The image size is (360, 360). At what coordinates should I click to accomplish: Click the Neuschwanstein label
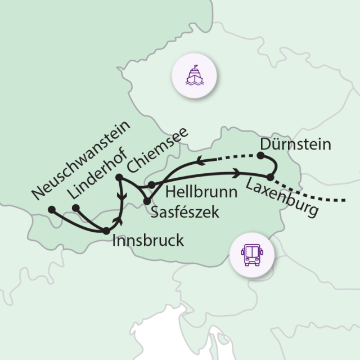tap(80, 159)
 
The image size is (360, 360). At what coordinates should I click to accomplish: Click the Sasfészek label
tap(184, 212)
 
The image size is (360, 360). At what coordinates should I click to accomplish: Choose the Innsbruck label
tap(148, 241)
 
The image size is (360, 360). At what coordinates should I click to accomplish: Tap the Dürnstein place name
tap(295, 144)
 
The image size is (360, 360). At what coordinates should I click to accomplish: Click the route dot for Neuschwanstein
tap(51, 209)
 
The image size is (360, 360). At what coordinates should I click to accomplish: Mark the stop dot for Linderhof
tap(76, 208)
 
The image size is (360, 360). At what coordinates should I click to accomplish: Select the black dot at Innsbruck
tap(106, 230)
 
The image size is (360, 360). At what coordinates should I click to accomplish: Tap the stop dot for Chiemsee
tap(119, 178)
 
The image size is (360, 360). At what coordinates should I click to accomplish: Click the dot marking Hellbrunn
tap(151, 184)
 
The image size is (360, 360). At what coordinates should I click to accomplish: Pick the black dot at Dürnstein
tap(261, 156)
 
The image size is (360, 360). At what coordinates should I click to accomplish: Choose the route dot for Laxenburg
tap(270, 178)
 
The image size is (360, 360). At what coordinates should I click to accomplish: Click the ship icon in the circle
tap(193, 74)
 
